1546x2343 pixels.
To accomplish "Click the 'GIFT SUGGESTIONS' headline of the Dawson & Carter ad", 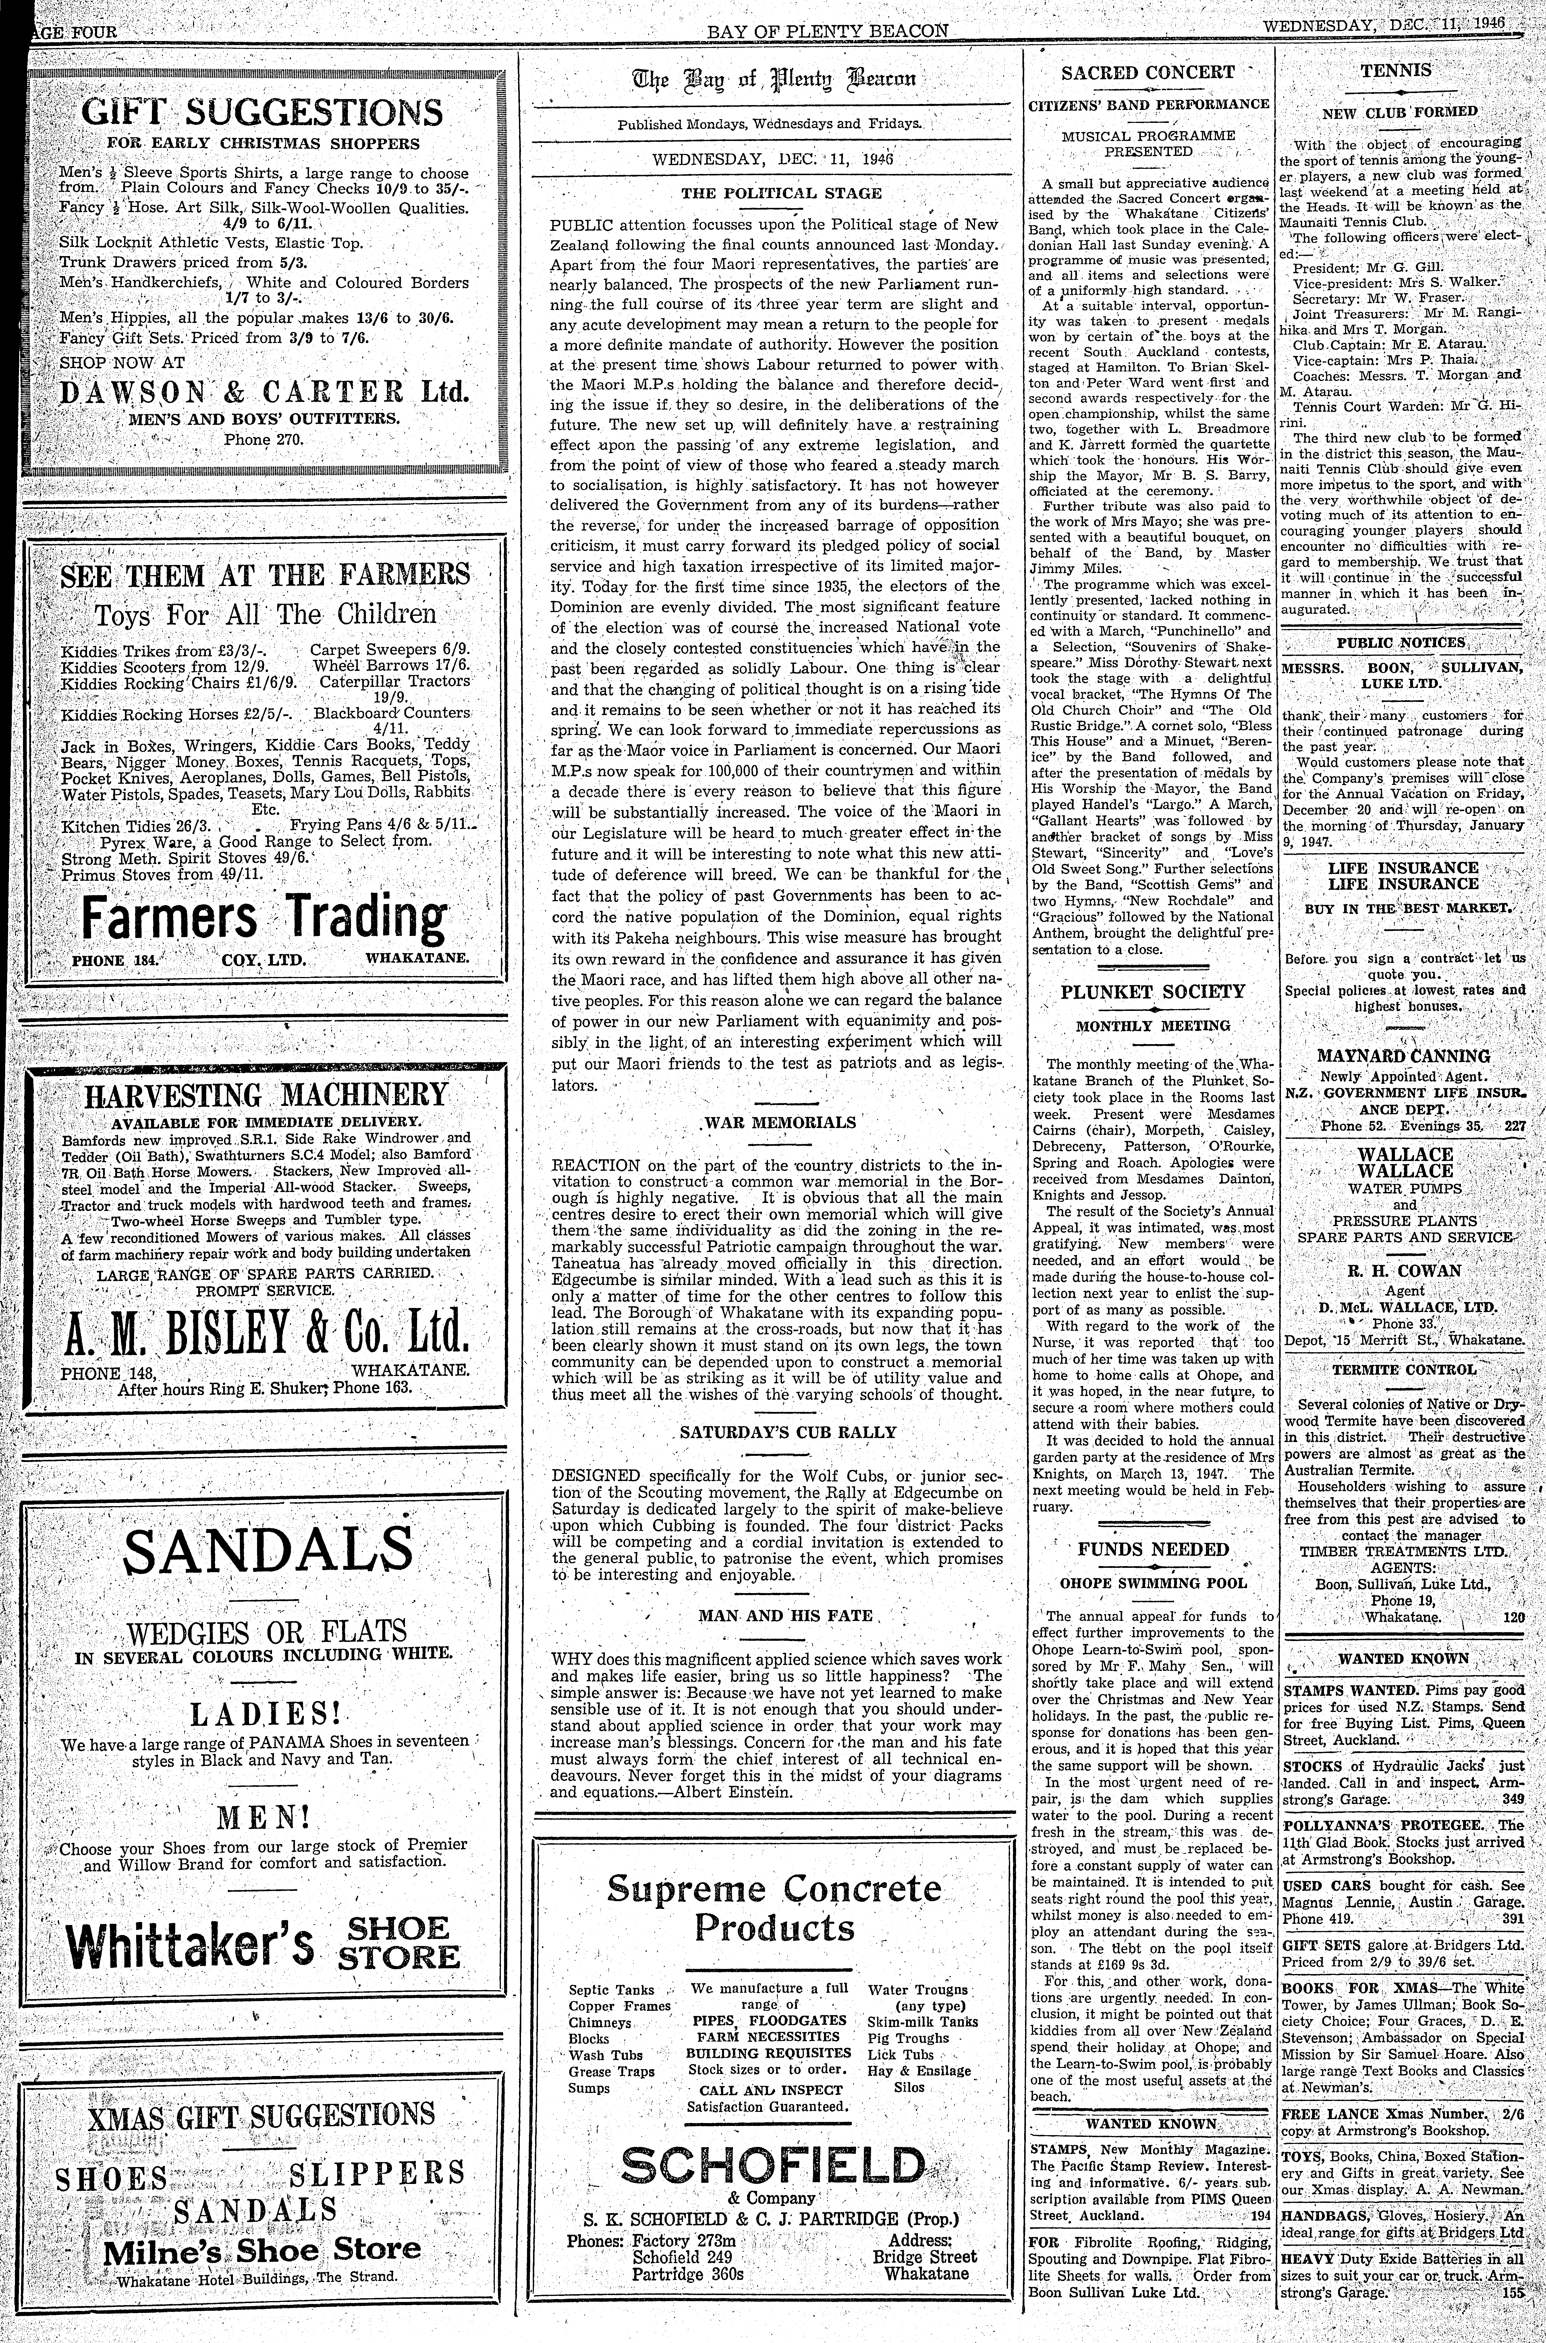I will pyautogui.click(x=263, y=111).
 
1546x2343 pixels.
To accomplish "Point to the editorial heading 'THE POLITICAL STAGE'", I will pyautogui.click(x=781, y=194).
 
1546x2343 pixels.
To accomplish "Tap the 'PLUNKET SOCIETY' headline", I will pyautogui.click(x=1153, y=992).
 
